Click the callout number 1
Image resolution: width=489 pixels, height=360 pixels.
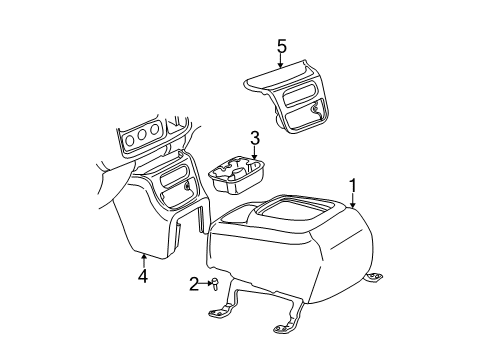351,184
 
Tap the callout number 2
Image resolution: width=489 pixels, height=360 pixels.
195,284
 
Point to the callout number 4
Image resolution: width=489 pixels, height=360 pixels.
143,276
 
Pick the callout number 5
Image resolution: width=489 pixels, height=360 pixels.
282,45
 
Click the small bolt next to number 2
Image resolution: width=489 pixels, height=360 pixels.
214,284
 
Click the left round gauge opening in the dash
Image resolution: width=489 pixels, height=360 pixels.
128,140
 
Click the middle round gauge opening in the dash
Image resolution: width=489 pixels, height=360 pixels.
143,134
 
